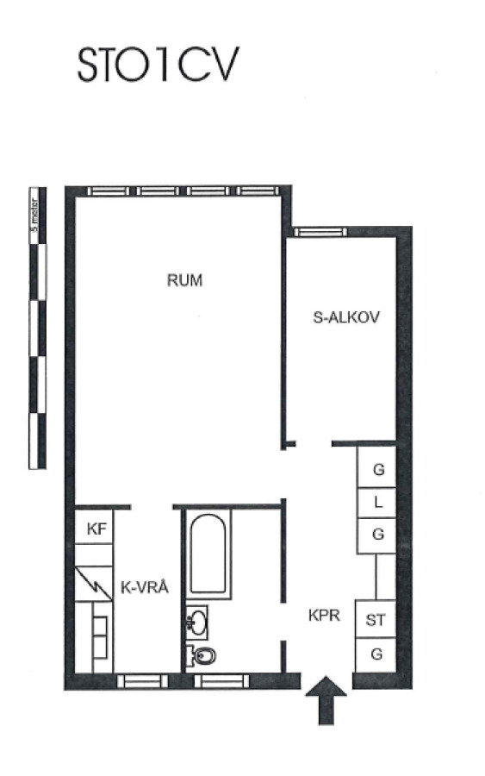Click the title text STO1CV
click(x=159, y=65)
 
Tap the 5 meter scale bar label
click(x=34, y=216)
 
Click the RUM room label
click(x=185, y=280)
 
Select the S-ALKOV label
click(x=346, y=316)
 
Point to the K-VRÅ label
click(x=145, y=587)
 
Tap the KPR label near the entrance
click(x=324, y=615)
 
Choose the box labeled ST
click(x=376, y=619)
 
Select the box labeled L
click(x=377, y=503)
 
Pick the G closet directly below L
click(x=377, y=535)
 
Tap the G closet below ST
click(x=376, y=654)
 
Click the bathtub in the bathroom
click(x=208, y=554)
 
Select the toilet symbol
click(x=202, y=657)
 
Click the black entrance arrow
click(x=326, y=700)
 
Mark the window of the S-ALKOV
click(x=319, y=232)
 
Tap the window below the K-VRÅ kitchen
click(x=142, y=681)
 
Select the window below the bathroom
click(x=221, y=681)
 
